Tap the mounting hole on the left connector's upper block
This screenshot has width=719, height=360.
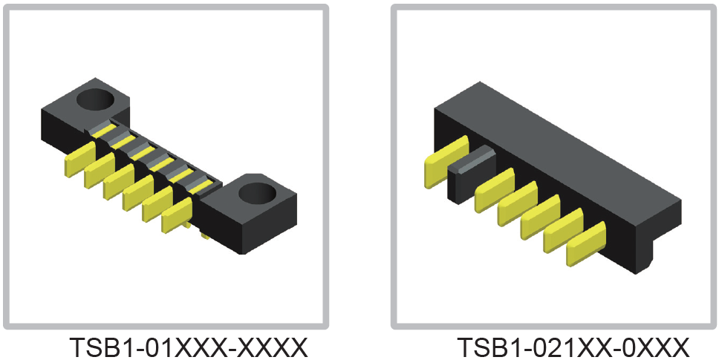[x=95, y=99]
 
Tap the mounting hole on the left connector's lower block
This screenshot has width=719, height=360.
[x=257, y=193]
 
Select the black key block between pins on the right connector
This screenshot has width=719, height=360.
[x=472, y=174]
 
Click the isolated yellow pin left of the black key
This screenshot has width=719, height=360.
[x=446, y=162]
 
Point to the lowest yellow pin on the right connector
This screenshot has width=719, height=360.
[x=586, y=243]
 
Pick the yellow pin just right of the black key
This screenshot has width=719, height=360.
[x=495, y=190]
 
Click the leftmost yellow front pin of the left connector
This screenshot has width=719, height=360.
[x=80, y=159]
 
